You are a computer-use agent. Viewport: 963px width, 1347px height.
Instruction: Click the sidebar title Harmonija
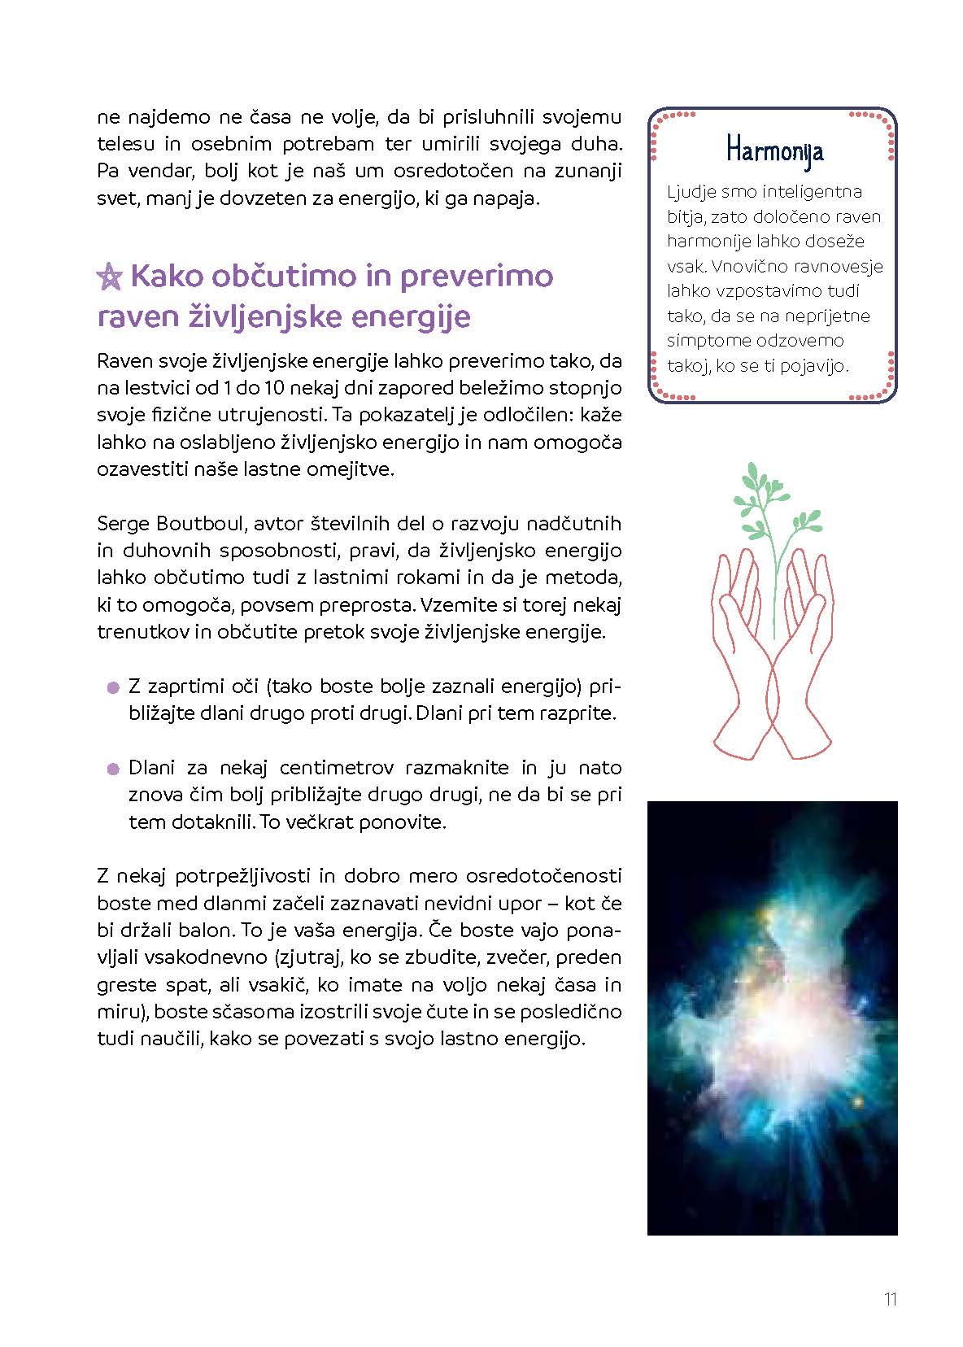tap(774, 150)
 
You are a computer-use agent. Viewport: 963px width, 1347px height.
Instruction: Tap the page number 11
tap(890, 1299)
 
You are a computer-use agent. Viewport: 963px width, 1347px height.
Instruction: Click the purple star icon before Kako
tap(109, 277)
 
